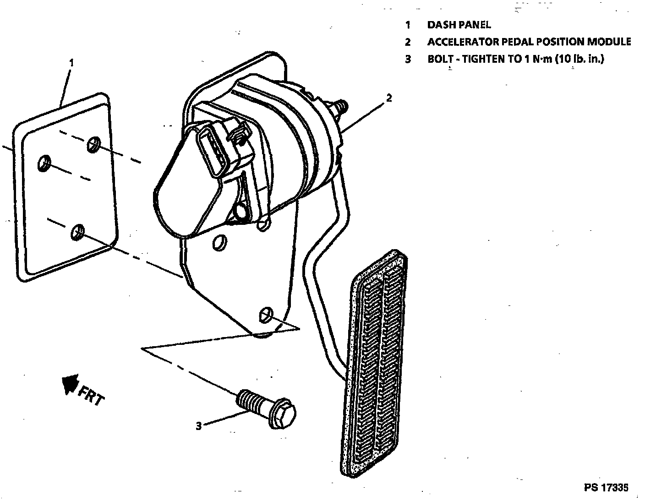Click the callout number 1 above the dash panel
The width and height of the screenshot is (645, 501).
point(71,62)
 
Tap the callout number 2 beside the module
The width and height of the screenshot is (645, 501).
point(389,98)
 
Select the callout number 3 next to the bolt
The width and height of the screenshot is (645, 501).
point(198,426)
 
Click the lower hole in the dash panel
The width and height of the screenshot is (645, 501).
point(78,232)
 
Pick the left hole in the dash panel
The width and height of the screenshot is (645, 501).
point(44,163)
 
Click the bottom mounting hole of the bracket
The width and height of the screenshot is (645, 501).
point(266,314)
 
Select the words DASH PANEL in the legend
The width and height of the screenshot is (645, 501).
point(459,25)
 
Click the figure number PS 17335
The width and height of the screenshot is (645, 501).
point(606,487)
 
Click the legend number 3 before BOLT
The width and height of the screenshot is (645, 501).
point(407,59)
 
